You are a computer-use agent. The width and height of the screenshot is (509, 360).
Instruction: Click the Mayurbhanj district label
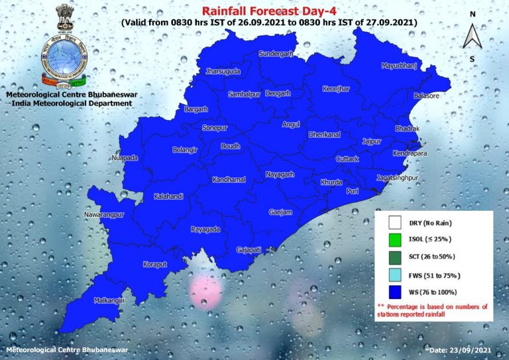(x=402, y=66)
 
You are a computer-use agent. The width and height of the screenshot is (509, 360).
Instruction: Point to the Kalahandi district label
(x=168, y=197)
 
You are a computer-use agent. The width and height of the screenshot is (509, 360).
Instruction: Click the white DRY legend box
(x=396, y=223)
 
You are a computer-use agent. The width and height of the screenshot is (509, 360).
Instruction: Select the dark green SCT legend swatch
(x=396, y=257)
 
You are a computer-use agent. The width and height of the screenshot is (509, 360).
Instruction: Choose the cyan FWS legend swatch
(x=396, y=274)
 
